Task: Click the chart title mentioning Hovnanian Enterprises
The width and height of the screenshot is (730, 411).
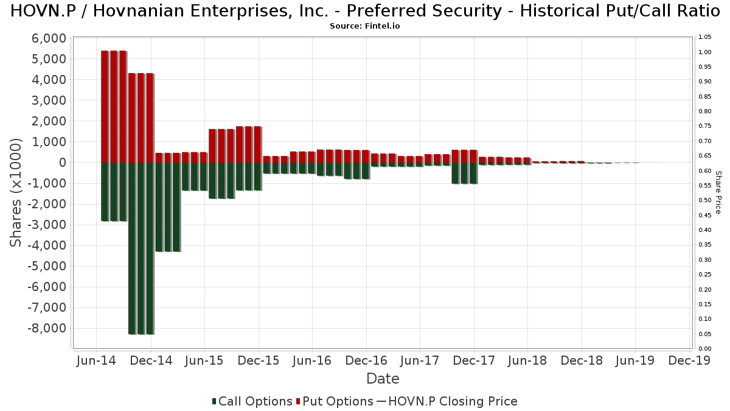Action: pos(365,11)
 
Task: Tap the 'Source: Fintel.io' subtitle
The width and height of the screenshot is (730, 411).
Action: pos(364,26)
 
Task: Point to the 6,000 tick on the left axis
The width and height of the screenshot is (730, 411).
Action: pos(49,38)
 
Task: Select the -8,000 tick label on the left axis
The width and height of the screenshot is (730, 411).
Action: pos(47,328)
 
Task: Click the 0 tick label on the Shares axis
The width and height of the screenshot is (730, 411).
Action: pos(63,163)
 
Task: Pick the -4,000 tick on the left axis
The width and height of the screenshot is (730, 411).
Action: pos(47,245)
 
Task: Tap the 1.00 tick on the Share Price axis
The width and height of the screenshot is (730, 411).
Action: pos(705,52)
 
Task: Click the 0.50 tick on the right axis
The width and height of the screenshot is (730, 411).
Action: pos(705,200)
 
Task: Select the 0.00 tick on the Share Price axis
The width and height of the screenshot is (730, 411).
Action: pos(705,349)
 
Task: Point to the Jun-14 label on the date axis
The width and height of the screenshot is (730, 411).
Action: pos(96,360)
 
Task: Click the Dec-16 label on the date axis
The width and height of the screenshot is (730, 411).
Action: pos(366,360)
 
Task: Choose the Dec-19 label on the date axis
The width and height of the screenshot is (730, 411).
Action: pos(689,360)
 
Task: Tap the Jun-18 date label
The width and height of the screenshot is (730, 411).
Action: pos(527,360)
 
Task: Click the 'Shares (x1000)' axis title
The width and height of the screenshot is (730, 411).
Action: pos(15,193)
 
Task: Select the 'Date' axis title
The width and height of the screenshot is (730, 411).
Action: pos(383,379)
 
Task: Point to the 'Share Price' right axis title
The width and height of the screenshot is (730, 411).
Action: pos(718,192)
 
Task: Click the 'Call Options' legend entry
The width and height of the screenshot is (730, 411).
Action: pos(252,401)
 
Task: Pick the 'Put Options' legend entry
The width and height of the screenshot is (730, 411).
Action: pos(335,401)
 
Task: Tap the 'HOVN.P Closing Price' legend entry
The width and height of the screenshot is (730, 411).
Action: pos(447,401)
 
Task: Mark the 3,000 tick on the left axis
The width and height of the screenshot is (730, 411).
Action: pos(49,100)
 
